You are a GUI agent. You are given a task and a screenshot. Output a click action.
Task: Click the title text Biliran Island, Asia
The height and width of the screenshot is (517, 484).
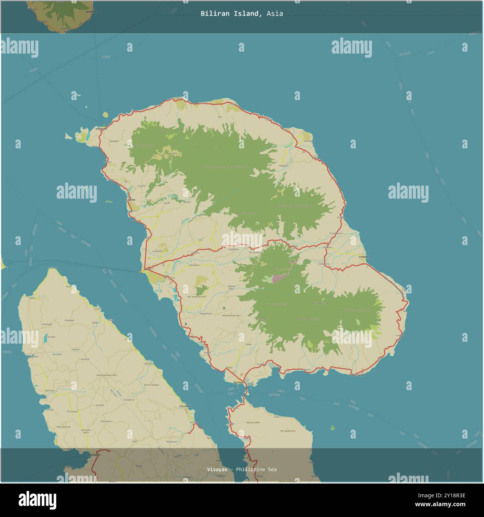coord(242,14)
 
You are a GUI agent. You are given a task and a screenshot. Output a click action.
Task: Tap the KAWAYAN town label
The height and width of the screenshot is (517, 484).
coord(101,129)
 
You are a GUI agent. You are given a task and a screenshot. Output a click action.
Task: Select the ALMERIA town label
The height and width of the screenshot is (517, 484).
coord(130,200)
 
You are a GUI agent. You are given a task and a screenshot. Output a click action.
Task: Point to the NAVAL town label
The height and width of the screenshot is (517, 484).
coord(147,269)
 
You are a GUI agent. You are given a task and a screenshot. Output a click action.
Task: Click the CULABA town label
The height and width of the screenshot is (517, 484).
coord(316,158)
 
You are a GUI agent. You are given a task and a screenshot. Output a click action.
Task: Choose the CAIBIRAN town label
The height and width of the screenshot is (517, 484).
coord(364,257)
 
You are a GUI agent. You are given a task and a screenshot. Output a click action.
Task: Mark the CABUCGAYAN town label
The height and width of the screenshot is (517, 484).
coord(357,375)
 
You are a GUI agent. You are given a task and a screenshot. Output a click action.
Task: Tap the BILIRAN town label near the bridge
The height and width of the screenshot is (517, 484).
coord(238,382)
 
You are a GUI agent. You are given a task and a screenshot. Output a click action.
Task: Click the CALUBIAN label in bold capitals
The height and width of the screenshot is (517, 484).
coord(185,406)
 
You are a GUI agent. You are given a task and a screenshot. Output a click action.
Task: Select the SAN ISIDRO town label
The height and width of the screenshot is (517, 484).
coord(93,455)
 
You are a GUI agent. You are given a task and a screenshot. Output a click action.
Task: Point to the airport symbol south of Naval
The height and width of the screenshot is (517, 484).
coord(186,324)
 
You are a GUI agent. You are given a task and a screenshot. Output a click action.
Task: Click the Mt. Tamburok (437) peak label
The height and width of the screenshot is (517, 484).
coord(197,297)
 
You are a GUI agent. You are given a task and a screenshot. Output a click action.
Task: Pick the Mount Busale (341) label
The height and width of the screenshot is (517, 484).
coord(232,316)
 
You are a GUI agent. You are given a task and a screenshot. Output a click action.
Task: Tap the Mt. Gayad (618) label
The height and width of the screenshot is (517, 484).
coord(287,431)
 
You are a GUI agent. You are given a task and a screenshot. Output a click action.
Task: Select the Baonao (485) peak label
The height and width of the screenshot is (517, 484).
coord(253,423)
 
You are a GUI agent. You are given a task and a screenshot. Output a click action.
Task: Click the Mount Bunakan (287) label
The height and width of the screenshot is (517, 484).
coord(106,375)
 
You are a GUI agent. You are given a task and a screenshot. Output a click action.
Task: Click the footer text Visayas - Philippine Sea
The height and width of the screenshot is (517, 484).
coord(242,469)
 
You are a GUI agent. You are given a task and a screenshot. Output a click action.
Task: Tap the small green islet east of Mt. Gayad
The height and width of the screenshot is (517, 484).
coord(332,428)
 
